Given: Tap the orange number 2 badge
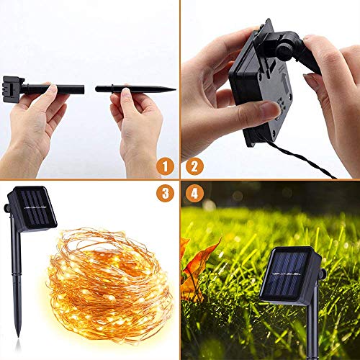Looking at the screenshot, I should (194, 167).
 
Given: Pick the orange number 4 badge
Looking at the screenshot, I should (194, 194).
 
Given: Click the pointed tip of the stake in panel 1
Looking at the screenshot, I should (173, 89).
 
